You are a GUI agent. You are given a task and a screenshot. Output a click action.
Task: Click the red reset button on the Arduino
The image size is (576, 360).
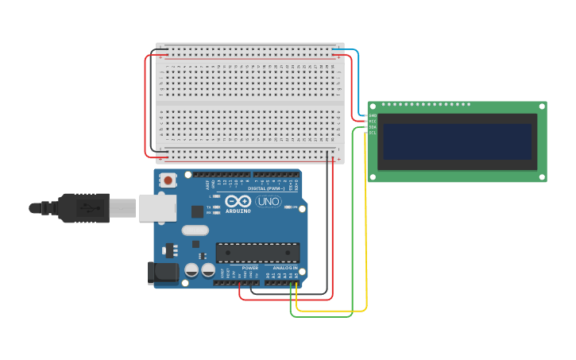(x=168, y=180)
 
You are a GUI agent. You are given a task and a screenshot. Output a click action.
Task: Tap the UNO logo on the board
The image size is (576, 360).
(x=268, y=202)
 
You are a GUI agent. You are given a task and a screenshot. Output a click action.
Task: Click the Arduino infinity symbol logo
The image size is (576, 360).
(x=238, y=201)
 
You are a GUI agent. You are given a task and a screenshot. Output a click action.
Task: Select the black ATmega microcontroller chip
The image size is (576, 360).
(x=257, y=253)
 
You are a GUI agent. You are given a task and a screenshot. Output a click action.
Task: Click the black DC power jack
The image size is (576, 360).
(x=164, y=273)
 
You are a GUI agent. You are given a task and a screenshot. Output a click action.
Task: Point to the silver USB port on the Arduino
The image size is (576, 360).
(x=157, y=208)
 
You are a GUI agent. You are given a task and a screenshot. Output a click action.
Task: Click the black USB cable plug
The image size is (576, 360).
(x=83, y=208)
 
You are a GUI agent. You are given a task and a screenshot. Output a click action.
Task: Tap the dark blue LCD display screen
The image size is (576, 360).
(x=457, y=141)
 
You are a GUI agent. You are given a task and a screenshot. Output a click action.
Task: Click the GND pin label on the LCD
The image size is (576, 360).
(x=372, y=115)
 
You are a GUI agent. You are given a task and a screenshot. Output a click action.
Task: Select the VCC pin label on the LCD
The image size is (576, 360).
(x=372, y=121)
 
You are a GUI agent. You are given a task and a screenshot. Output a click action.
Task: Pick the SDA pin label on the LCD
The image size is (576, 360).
(x=372, y=127)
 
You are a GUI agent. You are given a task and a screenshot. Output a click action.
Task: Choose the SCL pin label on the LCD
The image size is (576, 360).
(x=372, y=133)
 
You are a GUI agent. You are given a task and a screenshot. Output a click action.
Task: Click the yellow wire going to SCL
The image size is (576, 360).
(x=365, y=223)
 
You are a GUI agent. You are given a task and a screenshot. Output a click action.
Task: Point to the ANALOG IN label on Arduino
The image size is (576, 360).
(x=285, y=268)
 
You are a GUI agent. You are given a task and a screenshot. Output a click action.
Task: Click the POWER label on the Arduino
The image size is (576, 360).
(x=249, y=268)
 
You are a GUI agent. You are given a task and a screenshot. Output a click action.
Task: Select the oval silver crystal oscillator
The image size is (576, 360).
(x=195, y=230)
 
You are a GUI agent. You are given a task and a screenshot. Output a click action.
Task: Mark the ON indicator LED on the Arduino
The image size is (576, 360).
(x=288, y=207)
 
